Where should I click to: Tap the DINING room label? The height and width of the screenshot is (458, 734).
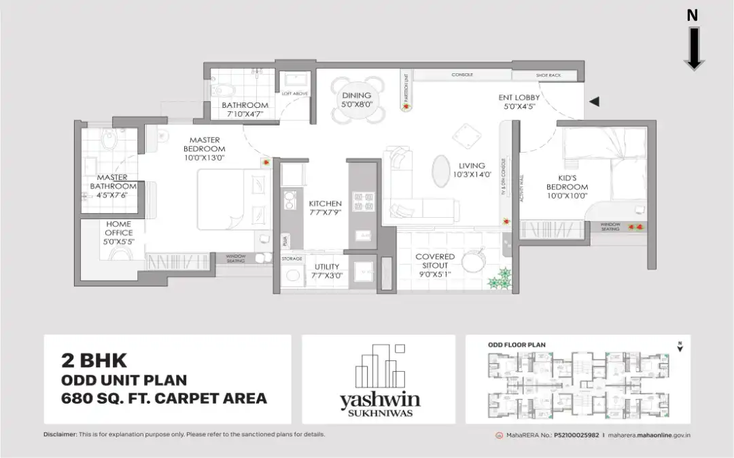356,96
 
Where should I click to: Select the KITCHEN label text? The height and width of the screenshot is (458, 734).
326,204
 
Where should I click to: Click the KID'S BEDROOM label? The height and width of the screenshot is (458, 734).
567,183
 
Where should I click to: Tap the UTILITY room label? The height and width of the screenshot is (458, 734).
327,267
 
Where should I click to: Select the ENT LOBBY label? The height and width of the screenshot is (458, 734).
519,98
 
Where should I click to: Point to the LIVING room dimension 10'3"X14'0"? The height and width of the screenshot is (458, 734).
472,174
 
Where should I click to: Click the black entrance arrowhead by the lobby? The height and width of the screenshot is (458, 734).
594,102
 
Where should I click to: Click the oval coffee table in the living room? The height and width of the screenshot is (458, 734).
440,168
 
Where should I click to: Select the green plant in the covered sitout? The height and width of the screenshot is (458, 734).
503,276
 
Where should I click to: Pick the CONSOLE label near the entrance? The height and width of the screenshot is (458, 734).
462,75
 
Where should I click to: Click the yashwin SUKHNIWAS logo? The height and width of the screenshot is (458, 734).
378,383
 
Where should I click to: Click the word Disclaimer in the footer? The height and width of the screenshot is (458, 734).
60,434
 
